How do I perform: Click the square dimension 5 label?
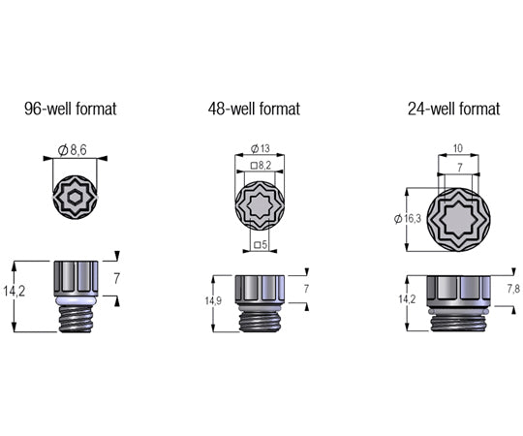click(260, 245)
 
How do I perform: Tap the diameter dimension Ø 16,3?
click(408, 218)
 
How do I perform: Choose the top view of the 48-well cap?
click(260, 206)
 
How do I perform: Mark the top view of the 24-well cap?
click(458, 219)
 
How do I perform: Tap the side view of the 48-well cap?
click(260, 302)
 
